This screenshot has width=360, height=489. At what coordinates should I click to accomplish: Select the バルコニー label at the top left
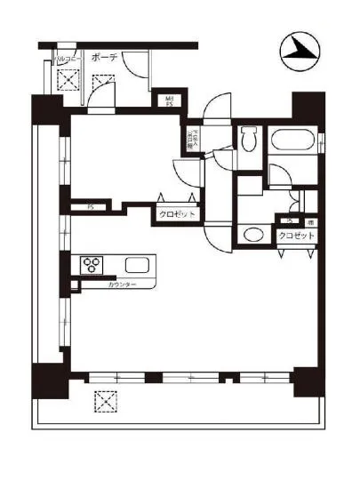coord(68,60)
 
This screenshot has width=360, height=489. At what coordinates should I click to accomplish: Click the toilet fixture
coord(248,139)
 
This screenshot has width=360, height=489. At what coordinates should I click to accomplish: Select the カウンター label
coord(122,285)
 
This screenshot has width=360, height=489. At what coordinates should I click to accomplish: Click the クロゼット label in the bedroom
coord(177,214)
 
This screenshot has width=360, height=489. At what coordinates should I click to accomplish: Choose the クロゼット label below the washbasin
coord(296,236)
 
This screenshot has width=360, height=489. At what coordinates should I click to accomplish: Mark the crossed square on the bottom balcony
coord(106,402)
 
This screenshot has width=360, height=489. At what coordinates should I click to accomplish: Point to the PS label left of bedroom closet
coord(90,209)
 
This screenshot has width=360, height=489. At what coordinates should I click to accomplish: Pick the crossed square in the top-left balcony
coord(68,82)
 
